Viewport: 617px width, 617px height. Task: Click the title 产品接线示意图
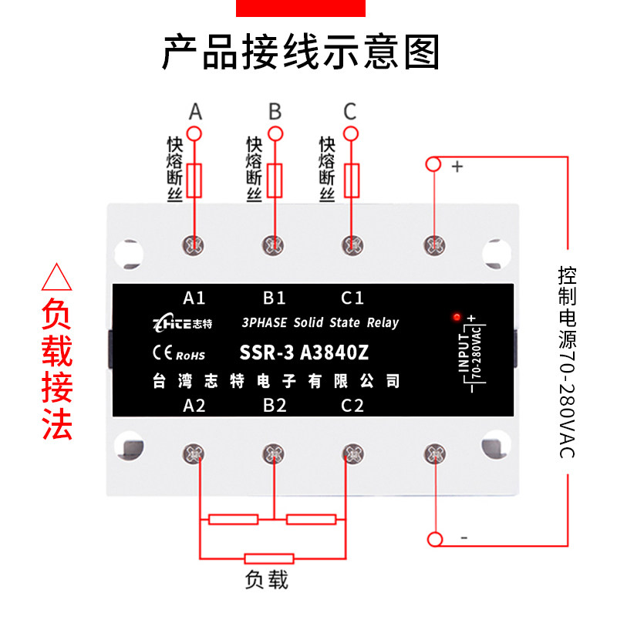(x=301, y=52)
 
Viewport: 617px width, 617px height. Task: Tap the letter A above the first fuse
(x=195, y=112)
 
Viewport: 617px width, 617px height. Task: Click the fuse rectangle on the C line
(x=351, y=180)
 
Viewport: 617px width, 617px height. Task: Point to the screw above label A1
(x=194, y=245)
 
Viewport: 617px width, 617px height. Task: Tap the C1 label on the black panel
(x=352, y=298)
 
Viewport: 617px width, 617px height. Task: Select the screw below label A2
(x=194, y=453)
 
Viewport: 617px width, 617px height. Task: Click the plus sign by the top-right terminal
(x=457, y=165)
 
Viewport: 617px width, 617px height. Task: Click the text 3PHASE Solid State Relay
(x=319, y=322)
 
